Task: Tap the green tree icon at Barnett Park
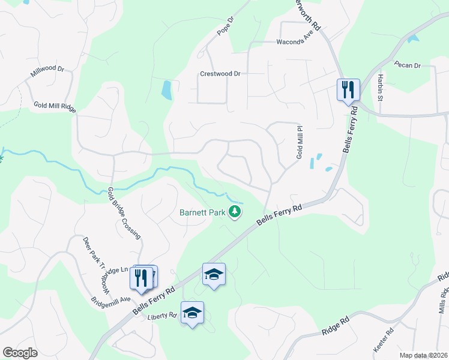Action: (x=236, y=212)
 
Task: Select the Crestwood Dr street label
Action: (x=220, y=74)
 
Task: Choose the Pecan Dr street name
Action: (x=408, y=65)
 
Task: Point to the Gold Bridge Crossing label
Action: (x=124, y=213)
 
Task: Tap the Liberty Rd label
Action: (x=163, y=315)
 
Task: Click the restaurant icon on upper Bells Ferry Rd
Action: (x=348, y=90)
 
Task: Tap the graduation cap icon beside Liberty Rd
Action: (x=192, y=313)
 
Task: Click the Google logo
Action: (x=20, y=352)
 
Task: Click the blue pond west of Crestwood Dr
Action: (x=166, y=90)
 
